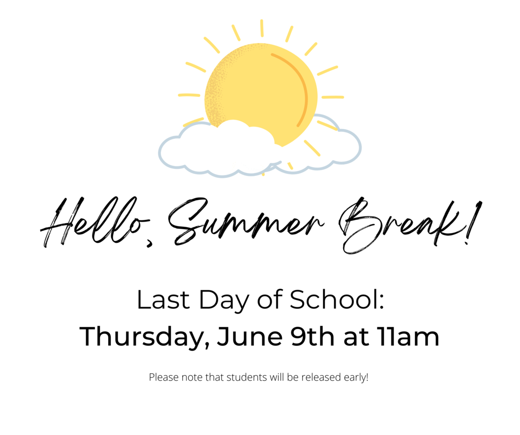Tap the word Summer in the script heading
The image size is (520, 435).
click(245, 221)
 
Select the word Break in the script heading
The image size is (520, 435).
click(398, 226)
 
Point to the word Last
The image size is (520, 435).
click(164, 300)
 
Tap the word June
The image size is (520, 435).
click(250, 336)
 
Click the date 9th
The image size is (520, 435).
click(312, 336)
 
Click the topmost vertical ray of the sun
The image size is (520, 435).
click(262, 28)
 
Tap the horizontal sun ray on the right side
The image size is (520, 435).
click(333, 97)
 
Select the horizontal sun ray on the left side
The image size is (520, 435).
click(189, 95)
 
